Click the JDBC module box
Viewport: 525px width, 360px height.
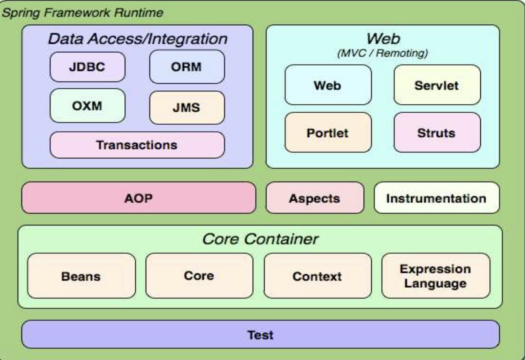click(87, 67)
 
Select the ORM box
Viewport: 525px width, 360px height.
click(187, 67)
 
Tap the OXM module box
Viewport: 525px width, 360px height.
click(87, 106)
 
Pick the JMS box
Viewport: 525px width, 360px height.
click(187, 108)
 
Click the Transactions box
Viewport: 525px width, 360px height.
click(137, 145)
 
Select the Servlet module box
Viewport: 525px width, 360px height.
click(437, 85)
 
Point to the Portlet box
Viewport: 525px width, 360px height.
click(328, 133)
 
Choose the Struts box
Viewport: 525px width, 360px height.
click(437, 133)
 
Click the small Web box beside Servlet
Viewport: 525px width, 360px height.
click(328, 85)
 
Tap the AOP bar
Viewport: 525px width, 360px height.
click(138, 198)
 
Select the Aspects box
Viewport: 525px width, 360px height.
click(314, 198)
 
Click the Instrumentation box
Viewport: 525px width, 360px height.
click(436, 198)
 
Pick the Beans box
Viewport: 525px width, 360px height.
click(81, 276)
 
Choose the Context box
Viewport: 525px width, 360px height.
click(317, 276)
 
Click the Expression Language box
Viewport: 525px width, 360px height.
click(435, 276)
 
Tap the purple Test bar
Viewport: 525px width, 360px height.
click(260, 335)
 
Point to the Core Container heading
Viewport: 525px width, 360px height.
click(260, 239)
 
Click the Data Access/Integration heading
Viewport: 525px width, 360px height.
click(137, 39)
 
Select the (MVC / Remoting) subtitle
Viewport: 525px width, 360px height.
click(382, 53)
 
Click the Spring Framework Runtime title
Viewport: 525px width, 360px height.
click(82, 13)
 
